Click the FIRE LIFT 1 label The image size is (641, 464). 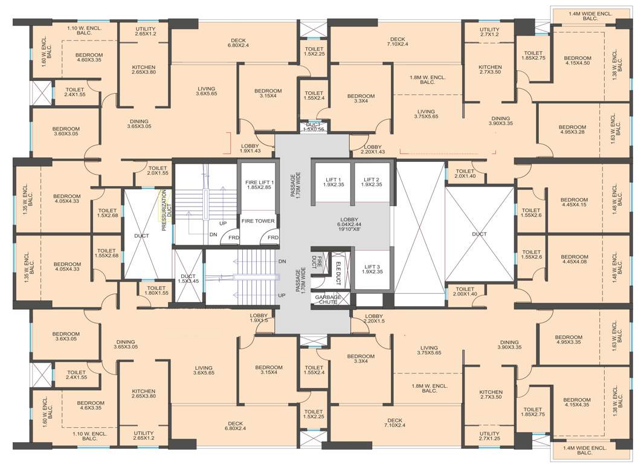(259, 185)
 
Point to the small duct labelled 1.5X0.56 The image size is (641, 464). (313, 127)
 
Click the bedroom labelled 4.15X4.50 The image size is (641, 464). (578, 60)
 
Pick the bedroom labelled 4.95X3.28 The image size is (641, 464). (569, 129)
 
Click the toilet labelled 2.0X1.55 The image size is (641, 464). (157, 171)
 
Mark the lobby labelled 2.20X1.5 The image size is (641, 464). (374, 319)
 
